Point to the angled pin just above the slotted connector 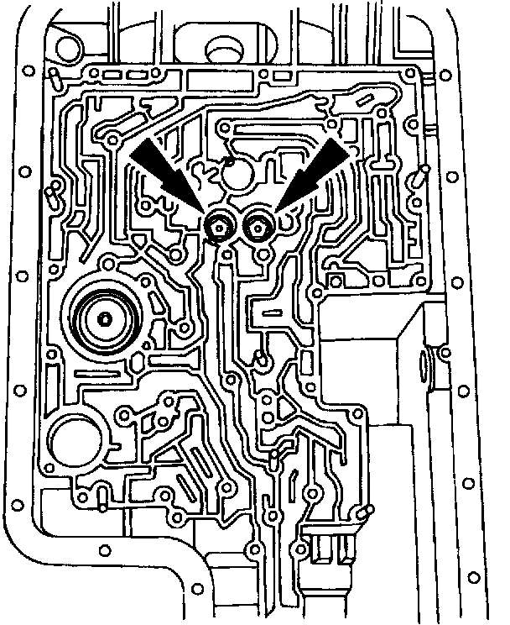point(363,512)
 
